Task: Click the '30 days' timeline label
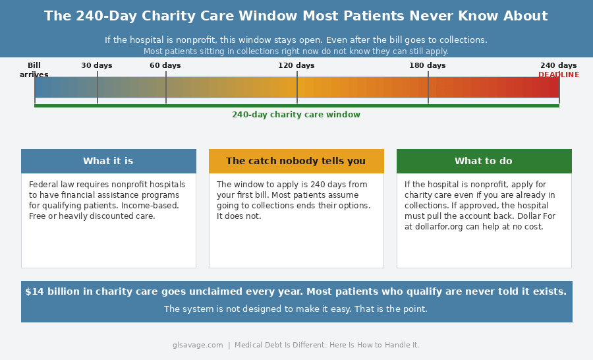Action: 97,65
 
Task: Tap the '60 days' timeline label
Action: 165,65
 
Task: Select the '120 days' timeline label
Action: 296,65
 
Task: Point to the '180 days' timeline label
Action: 428,65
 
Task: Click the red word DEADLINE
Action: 559,75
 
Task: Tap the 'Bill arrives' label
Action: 34,70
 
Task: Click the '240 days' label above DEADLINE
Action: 559,65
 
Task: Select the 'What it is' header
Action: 108,161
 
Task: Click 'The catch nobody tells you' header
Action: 296,161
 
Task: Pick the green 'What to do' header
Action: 484,161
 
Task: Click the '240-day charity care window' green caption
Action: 296,115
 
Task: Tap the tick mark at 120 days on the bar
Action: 297,87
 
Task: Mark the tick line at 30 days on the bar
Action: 98,87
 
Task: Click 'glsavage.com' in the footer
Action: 198,345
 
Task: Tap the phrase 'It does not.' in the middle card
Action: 239,216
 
